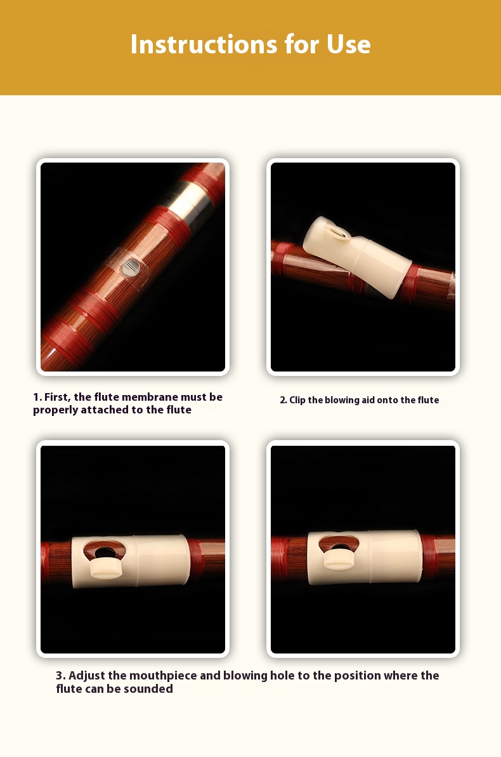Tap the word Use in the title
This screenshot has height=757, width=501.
coord(349,44)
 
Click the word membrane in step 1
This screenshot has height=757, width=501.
coord(144,397)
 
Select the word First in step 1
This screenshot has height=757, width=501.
coord(57,397)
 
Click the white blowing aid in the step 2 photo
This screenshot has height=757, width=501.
coord(357,257)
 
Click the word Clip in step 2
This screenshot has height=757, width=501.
coord(297,399)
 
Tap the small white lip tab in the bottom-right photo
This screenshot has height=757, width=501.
coord(339,559)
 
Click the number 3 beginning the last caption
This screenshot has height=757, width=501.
coord(60,676)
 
